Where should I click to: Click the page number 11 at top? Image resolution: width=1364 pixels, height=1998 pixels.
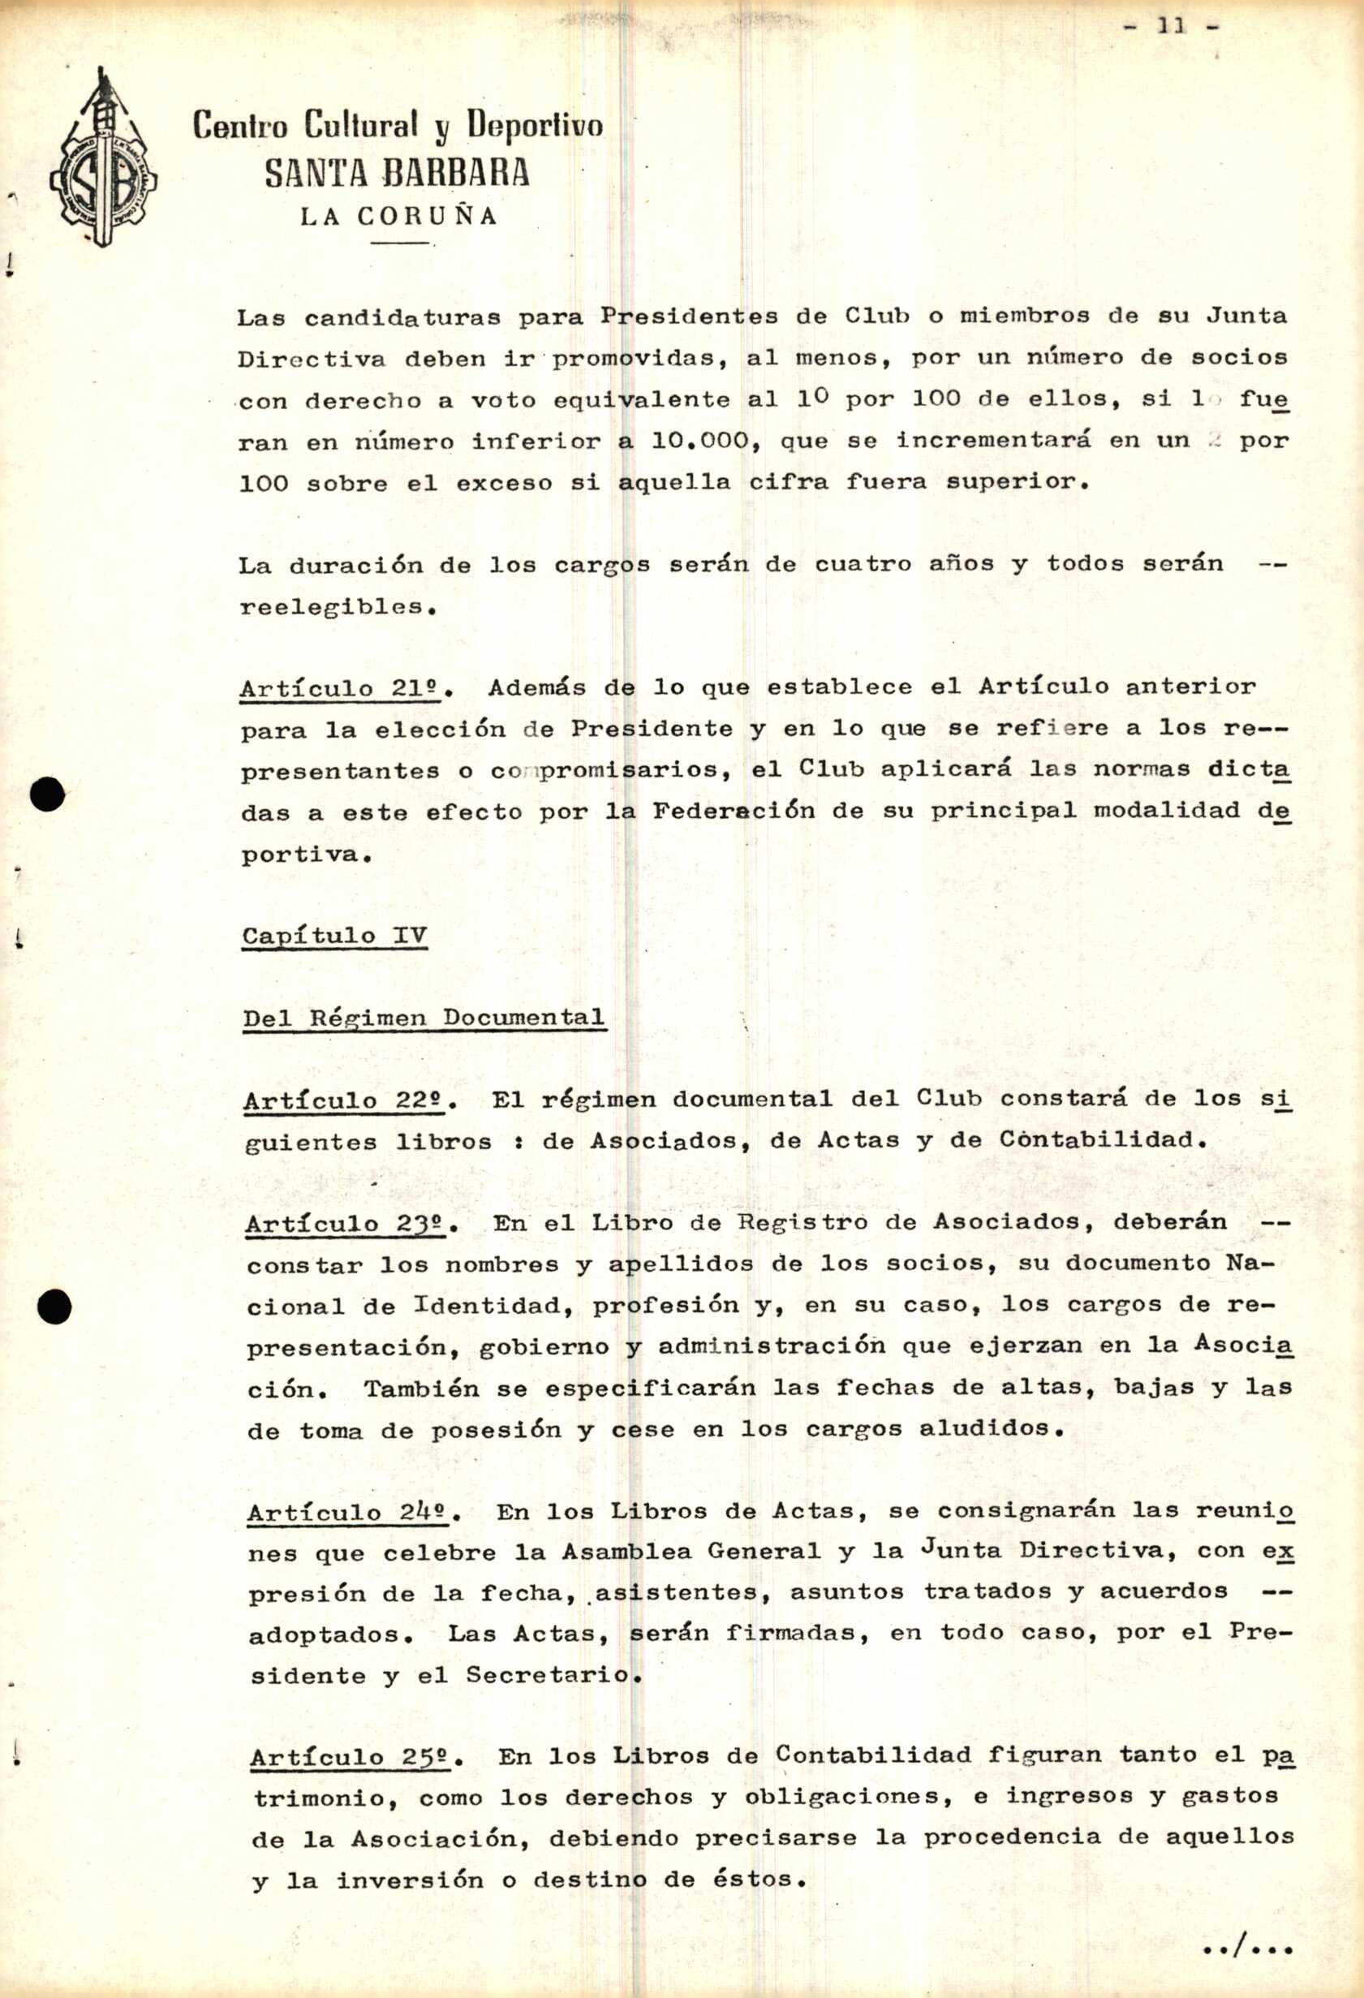1172,27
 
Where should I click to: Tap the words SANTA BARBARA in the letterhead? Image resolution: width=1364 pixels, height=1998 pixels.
396,174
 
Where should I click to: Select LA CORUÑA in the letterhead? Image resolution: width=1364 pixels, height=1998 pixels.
398,217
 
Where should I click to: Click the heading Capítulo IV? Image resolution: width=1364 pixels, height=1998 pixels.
334,936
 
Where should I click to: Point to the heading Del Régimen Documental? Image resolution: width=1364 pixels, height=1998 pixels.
424,1018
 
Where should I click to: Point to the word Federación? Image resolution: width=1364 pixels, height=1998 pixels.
734,812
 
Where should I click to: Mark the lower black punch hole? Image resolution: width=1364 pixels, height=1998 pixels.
55,1307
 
